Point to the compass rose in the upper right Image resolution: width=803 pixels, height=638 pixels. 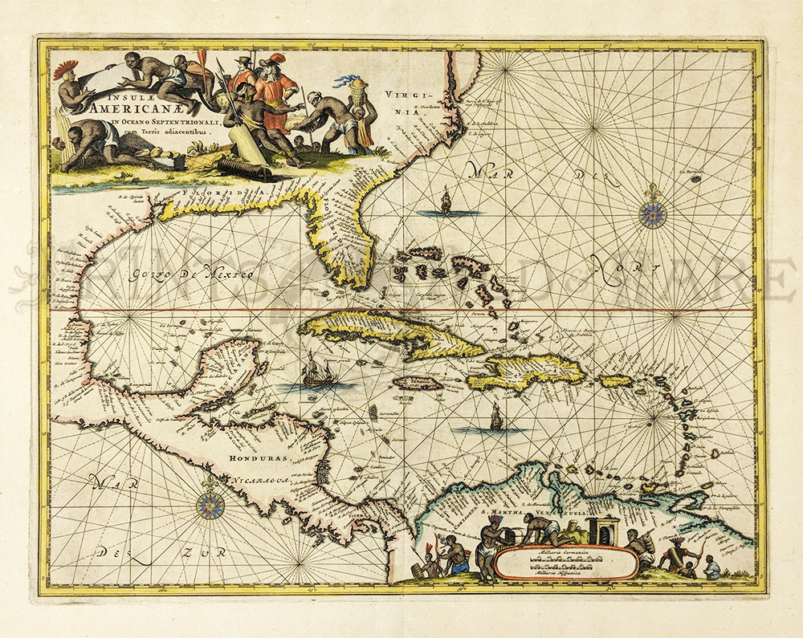tap(653, 211)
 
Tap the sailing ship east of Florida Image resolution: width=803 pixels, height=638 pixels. tap(446, 201)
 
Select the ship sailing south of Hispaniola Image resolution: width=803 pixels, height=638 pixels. tap(496, 416)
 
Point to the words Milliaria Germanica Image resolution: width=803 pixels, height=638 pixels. tap(566, 554)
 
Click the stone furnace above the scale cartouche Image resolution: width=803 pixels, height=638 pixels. tap(601, 529)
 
